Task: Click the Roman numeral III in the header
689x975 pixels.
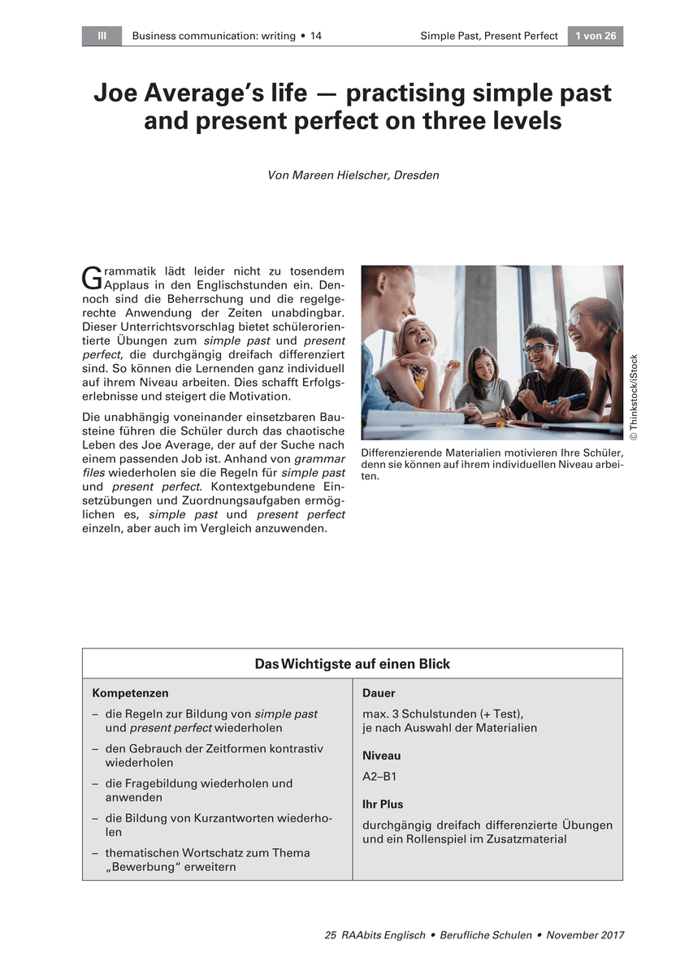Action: click(102, 36)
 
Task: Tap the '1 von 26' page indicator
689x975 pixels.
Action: click(595, 36)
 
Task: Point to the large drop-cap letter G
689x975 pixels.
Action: click(90, 278)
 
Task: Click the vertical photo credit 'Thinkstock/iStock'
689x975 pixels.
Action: click(634, 398)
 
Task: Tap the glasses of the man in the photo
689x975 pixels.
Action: click(538, 349)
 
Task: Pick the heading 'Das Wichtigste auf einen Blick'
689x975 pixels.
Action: click(352, 664)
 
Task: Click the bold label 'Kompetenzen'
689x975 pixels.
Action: click(130, 693)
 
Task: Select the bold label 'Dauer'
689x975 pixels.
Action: click(379, 693)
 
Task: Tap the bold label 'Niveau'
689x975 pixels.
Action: click(381, 756)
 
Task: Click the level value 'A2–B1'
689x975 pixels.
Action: click(379, 776)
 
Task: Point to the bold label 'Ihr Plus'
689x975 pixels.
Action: click(383, 804)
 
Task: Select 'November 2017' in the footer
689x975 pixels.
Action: click(585, 935)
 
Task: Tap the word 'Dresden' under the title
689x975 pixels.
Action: click(416, 175)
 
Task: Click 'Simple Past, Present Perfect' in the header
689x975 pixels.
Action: click(489, 36)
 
